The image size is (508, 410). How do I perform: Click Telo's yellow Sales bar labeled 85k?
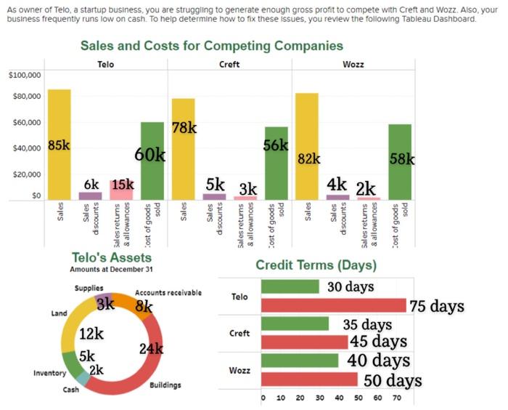(59, 145)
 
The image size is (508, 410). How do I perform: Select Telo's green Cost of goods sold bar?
(152, 161)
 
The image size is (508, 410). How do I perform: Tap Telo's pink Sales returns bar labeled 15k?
(121, 190)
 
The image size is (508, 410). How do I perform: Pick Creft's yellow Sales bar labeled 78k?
(184, 149)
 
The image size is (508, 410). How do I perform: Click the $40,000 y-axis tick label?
(26, 148)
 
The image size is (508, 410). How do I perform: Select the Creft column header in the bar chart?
(229, 64)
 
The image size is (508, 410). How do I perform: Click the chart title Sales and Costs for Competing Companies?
(211, 46)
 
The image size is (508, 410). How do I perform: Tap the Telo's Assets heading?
(112, 257)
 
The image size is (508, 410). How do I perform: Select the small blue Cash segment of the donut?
(83, 377)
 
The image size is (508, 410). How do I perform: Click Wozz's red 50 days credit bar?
(309, 379)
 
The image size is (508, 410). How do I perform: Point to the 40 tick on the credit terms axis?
(339, 398)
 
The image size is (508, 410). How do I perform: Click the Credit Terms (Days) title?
(316, 265)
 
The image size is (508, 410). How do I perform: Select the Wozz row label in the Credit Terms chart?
(239, 370)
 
